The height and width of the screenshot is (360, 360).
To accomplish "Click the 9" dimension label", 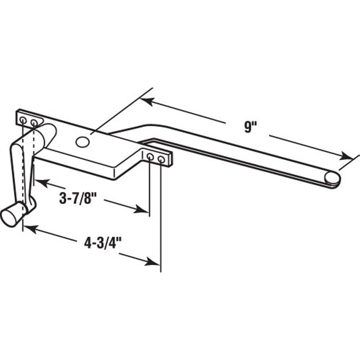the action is (250, 127).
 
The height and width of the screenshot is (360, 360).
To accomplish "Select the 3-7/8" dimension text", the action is (78, 198).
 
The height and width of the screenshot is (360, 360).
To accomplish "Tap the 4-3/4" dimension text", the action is (103, 243).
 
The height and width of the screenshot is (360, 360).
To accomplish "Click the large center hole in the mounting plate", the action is (82, 142).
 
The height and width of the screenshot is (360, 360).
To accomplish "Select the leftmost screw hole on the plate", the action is (23, 120).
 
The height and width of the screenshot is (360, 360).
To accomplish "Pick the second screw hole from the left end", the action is (34, 123).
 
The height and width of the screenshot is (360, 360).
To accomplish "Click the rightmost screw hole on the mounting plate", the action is (161, 159).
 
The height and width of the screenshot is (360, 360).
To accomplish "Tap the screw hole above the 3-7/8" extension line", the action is (150, 157).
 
